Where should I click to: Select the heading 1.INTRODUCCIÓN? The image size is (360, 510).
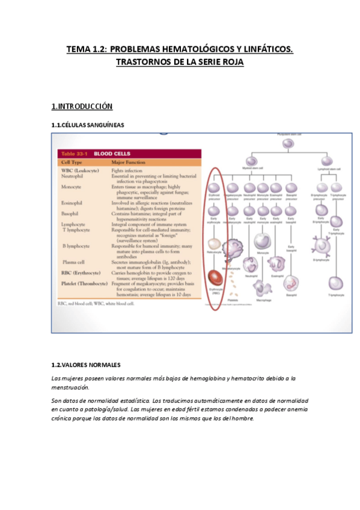[x=82, y=106]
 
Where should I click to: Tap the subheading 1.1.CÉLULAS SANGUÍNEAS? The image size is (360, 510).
[x=89, y=125]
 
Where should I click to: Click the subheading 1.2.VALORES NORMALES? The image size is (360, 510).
[x=86, y=365]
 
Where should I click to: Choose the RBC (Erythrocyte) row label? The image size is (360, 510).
[x=83, y=272]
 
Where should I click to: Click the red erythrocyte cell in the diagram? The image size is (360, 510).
[x=215, y=278]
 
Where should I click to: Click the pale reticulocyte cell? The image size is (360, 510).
[x=215, y=244]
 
